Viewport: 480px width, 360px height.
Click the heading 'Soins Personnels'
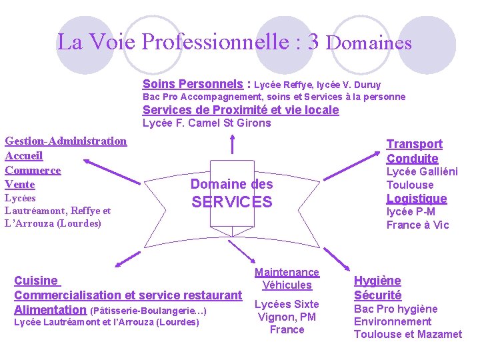point(193,84)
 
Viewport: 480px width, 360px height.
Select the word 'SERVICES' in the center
point(232,202)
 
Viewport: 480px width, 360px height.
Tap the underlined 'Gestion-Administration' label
point(65,141)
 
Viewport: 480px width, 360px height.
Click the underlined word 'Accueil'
point(23,155)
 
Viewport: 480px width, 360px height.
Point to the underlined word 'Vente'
point(19,184)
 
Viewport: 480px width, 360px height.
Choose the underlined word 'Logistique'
point(417,199)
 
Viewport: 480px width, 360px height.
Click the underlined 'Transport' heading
point(414,144)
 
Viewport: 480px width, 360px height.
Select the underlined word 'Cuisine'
point(36,281)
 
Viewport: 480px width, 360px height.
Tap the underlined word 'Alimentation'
point(50,310)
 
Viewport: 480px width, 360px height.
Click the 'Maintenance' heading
point(287,272)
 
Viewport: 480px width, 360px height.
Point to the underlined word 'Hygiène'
point(377,281)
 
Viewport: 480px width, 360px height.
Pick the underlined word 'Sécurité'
point(377,295)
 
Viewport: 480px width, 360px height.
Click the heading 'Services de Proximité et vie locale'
point(241,110)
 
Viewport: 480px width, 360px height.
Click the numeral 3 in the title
point(313,41)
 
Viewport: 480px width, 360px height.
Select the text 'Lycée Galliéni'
point(422,171)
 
